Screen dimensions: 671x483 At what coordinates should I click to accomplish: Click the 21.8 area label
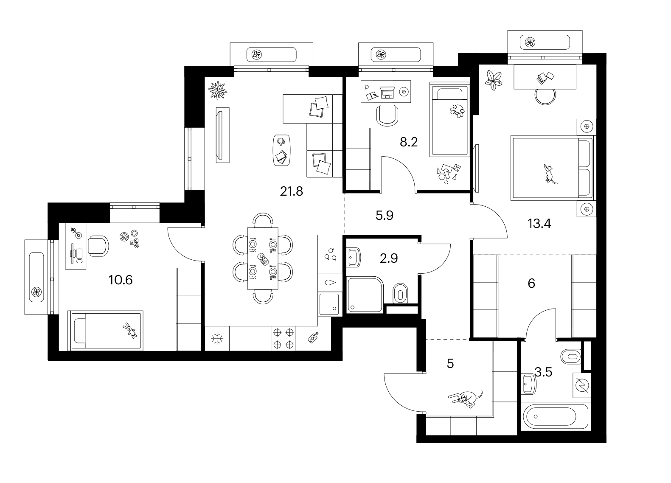[292, 191]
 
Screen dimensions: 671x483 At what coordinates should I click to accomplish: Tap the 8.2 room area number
[409, 142]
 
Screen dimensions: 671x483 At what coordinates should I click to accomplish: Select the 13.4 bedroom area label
[539, 224]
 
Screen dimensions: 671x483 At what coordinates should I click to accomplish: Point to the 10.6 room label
[121, 280]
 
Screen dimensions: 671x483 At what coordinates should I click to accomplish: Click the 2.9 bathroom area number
[389, 258]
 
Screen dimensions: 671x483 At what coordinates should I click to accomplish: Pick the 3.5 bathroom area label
[543, 372]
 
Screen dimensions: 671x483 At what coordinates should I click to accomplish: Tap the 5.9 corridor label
[385, 216]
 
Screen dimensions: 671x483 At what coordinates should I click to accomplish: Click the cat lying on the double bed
[550, 174]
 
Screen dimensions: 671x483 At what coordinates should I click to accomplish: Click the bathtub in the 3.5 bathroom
[556, 416]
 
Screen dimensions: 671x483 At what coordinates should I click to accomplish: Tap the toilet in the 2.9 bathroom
[400, 293]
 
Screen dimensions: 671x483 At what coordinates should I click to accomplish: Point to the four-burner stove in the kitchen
[284, 338]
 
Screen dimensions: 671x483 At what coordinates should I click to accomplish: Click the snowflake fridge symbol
[217, 339]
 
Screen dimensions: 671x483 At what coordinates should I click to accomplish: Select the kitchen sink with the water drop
[330, 282]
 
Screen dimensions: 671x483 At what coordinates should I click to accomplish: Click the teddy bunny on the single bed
[130, 331]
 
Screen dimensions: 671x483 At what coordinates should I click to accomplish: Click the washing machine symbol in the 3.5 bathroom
[582, 385]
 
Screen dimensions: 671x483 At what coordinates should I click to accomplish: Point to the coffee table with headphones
[281, 150]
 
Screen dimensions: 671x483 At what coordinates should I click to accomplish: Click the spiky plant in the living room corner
[217, 90]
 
